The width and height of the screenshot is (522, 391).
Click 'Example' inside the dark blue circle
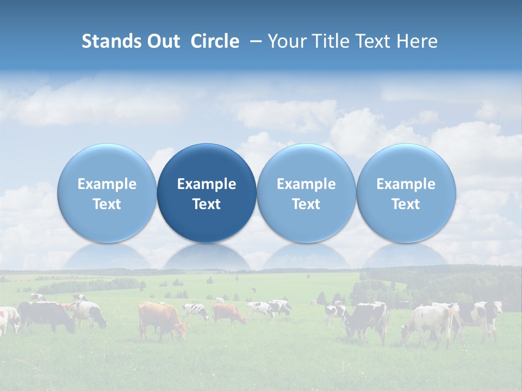click(x=207, y=184)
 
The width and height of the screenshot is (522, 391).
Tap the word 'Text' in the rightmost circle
click(x=406, y=204)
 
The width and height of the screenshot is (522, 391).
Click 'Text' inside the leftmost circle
click(x=107, y=204)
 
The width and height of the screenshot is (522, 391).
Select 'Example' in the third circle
click(x=306, y=184)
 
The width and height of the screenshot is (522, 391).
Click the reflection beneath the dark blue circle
click(x=207, y=257)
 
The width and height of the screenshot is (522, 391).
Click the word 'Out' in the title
click(x=163, y=41)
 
